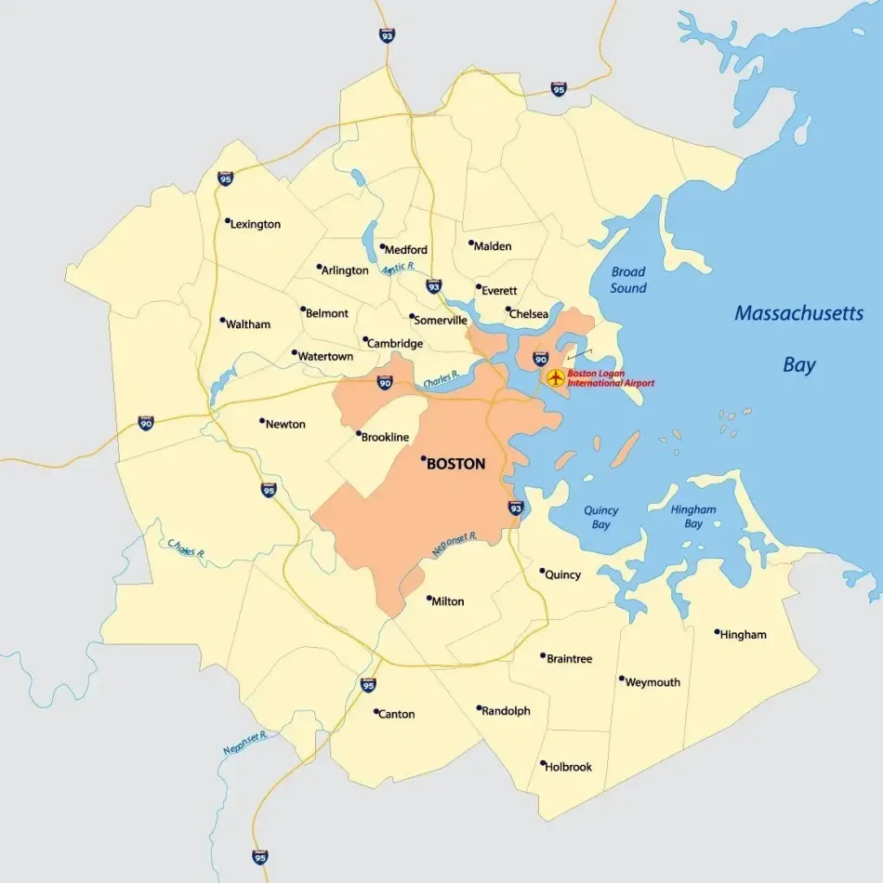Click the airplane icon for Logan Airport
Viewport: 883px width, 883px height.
[556, 377]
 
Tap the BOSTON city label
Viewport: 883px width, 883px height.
[455, 464]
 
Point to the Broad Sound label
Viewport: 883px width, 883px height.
[628, 280]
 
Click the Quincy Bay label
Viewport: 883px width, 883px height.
[600, 518]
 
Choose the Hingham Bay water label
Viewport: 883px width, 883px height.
[693, 517]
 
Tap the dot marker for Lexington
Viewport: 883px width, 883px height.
[228, 221]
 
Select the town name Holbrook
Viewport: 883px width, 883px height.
[569, 767]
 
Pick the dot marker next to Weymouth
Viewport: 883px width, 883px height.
[622, 679]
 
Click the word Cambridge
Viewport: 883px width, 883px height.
[395, 343]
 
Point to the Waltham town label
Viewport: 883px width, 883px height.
[248, 324]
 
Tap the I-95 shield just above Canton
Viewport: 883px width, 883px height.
[369, 685]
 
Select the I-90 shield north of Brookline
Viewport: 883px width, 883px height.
[385, 381]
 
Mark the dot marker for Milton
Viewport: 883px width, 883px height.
[428, 599]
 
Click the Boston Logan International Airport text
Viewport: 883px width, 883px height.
[611, 378]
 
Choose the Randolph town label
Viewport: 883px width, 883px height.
[506, 711]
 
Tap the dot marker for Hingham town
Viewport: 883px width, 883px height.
[718, 632]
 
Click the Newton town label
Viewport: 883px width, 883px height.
[285, 424]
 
